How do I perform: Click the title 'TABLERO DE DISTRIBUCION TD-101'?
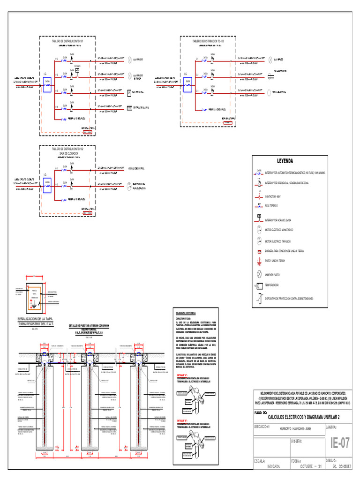click(67, 41)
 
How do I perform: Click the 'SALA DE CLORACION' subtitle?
click(68, 154)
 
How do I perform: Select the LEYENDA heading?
click(285, 161)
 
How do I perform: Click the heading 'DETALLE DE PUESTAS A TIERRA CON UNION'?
click(89, 326)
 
